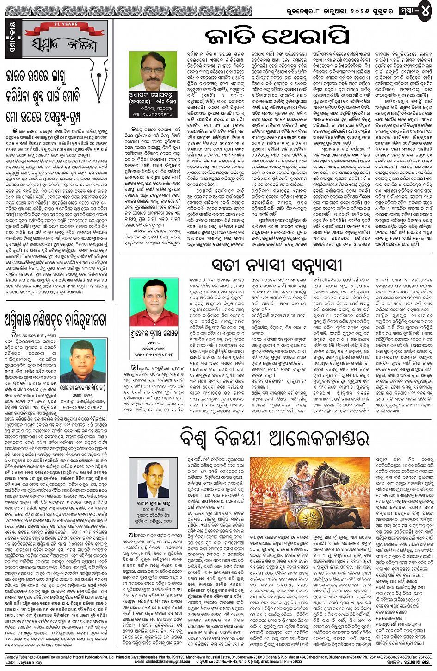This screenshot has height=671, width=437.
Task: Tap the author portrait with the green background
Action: [153, 70]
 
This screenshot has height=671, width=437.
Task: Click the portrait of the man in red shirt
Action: [154, 302]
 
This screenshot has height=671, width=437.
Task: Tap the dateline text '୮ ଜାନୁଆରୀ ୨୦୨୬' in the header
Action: [356, 11]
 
